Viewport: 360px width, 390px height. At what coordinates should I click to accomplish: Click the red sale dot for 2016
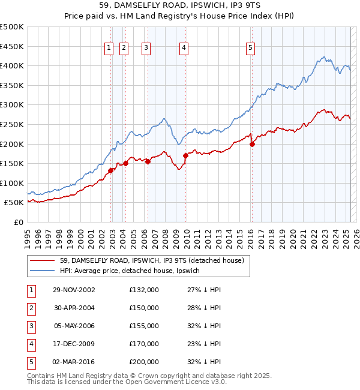[252, 144]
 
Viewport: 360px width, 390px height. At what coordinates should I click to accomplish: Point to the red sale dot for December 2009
[186, 155]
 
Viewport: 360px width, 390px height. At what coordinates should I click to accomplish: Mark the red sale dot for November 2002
[111, 170]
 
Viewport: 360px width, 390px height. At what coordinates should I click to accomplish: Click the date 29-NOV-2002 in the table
[74, 290]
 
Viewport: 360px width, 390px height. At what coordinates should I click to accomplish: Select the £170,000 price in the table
[144, 344]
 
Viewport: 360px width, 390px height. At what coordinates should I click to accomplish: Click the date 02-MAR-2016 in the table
[74, 362]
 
